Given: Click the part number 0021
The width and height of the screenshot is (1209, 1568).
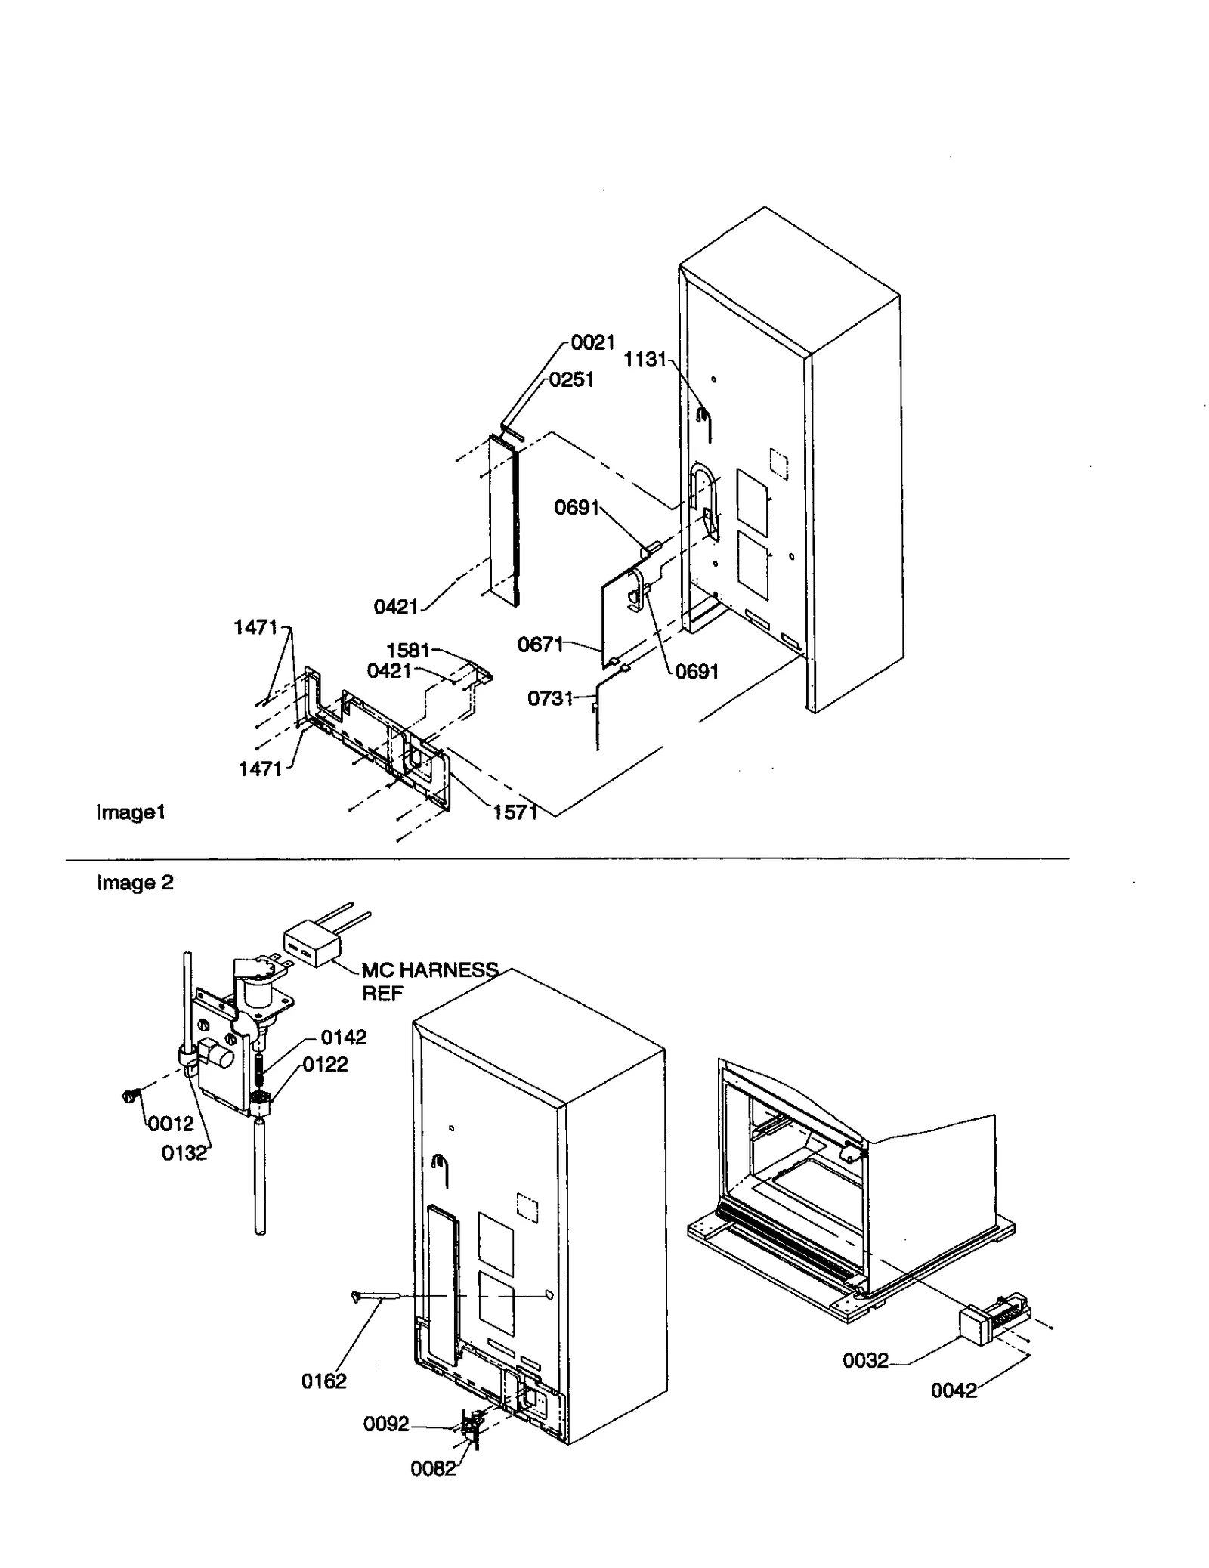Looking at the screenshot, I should click(592, 342).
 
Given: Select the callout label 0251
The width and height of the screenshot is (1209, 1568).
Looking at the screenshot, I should click(571, 379).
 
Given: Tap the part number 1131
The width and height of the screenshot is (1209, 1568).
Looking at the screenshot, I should click(645, 360).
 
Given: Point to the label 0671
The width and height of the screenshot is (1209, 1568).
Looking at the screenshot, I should click(540, 645).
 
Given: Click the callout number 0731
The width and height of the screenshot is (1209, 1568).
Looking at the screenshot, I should click(550, 698).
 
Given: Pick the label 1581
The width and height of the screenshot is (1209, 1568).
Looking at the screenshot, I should click(407, 650).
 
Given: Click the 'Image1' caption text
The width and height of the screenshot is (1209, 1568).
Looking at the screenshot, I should click(131, 812).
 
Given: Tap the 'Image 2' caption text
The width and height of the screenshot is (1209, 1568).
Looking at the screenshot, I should click(135, 883).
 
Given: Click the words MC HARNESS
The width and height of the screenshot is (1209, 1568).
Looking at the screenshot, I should click(429, 970).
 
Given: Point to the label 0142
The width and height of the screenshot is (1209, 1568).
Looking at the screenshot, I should click(344, 1038).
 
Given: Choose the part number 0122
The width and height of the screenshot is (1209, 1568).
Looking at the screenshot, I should click(325, 1065).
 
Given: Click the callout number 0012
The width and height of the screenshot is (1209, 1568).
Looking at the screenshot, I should click(171, 1124).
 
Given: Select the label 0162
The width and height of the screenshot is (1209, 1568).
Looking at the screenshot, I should click(323, 1381).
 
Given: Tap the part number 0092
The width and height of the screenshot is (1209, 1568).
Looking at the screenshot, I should click(386, 1424).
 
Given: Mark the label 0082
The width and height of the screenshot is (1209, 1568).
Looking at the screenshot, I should click(433, 1469).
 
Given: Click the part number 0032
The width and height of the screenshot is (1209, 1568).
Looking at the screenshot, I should click(865, 1361).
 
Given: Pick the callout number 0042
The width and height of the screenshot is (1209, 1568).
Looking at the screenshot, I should click(954, 1390).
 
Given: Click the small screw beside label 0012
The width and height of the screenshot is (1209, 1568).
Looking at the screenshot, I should click(128, 1095).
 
